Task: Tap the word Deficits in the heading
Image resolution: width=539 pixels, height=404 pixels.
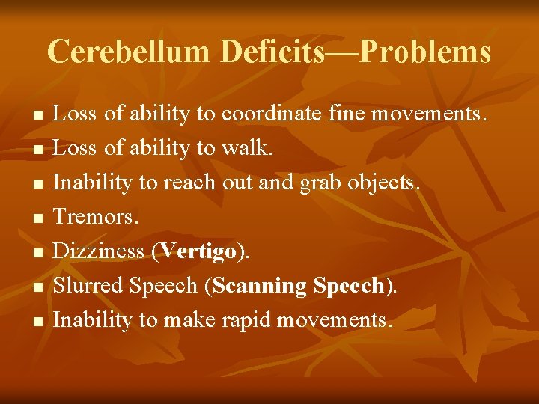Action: (x=272, y=52)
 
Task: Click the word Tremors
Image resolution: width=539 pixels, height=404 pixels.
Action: (x=94, y=217)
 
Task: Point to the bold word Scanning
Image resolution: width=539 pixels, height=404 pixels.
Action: (x=260, y=287)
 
